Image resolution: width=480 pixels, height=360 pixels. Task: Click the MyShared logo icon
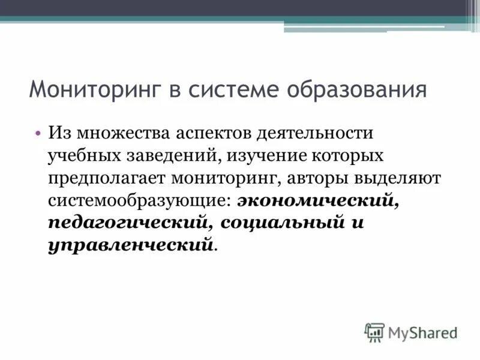(374, 332)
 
